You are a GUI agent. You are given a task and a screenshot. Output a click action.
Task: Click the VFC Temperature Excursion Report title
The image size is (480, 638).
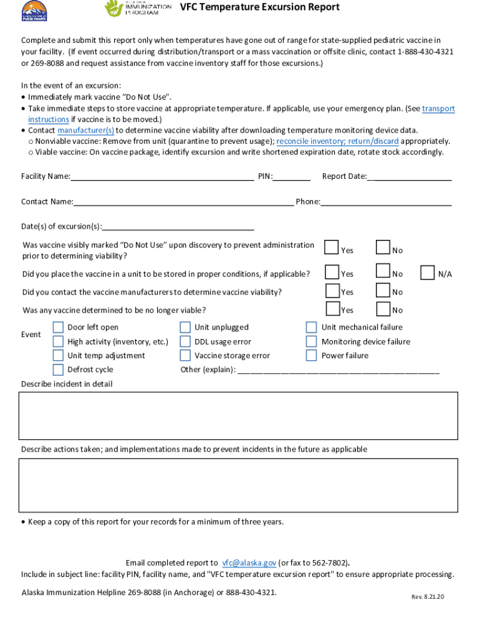coord(260,7)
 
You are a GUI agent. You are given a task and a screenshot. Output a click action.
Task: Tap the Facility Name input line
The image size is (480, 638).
coord(162,176)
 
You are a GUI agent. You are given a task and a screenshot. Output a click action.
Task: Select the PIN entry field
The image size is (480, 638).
coord(292,176)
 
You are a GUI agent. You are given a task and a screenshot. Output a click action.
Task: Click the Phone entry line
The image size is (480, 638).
coord(386,202)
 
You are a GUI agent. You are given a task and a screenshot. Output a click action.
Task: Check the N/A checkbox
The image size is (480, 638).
coord(428,273)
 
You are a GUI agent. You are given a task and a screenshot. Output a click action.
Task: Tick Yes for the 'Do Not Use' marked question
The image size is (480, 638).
coord(332,248)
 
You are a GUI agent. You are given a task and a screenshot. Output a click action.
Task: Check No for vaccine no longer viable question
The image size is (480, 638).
coord(383,309)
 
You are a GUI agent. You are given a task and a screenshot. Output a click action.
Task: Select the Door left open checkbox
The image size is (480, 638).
coord(58,327)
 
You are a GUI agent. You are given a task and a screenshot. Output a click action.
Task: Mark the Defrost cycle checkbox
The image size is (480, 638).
coord(58,369)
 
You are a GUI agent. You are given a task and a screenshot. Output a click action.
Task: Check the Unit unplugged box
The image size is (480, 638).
coord(185,327)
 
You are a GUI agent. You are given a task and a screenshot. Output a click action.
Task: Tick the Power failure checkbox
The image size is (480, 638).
coord(311,356)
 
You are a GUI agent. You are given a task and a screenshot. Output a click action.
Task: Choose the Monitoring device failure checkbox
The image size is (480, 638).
coord(311,341)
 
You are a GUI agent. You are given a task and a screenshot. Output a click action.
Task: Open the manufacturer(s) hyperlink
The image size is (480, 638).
coord(85,130)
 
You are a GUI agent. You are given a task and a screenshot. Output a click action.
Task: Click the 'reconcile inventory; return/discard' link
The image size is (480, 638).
coord(337,141)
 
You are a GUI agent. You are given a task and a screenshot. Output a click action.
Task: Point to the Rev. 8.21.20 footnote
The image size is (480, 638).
coord(428,597)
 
